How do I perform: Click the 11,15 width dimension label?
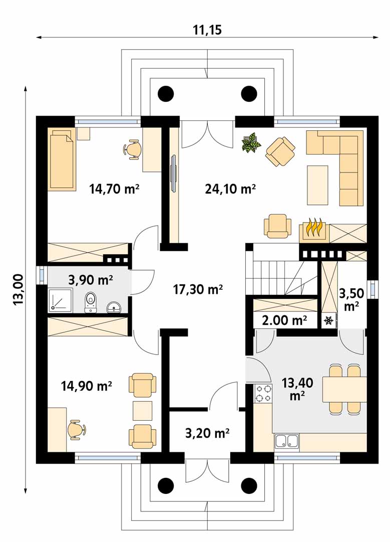pyautogui.click(x=207, y=30)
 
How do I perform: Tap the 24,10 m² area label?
pyautogui.click(x=230, y=189)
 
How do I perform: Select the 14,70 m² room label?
pyautogui.click(x=114, y=189)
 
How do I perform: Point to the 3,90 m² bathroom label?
pyautogui.click(x=91, y=279)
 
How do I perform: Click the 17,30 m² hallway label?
pyautogui.click(x=197, y=288)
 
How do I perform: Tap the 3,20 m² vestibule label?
pyautogui.click(x=207, y=432)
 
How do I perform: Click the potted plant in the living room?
pyautogui.click(x=251, y=142)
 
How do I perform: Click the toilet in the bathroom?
pyautogui.click(x=91, y=302)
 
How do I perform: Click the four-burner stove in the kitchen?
pyautogui.click(x=263, y=394)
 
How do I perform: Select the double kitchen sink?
pyautogui.click(x=287, y=442)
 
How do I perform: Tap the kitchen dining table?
pyautogui.click(x=344, y=389)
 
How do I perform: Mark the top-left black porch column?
pyautogui.click(x=166, y=93)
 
